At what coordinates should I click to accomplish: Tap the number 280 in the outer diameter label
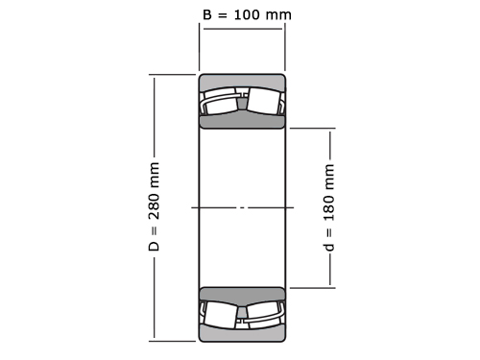tap(154, 204)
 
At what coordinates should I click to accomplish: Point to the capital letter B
tap(207, 14)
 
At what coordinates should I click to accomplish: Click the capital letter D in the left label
tap(154, 246)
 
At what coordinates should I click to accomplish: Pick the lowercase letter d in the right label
tap(328, 248)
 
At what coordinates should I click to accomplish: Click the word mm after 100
tap(278, 15)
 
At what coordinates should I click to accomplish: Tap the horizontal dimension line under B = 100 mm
tap(243, 29)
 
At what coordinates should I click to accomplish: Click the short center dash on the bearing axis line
tap(242, 207)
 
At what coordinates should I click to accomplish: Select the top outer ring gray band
tap(242, 82)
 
